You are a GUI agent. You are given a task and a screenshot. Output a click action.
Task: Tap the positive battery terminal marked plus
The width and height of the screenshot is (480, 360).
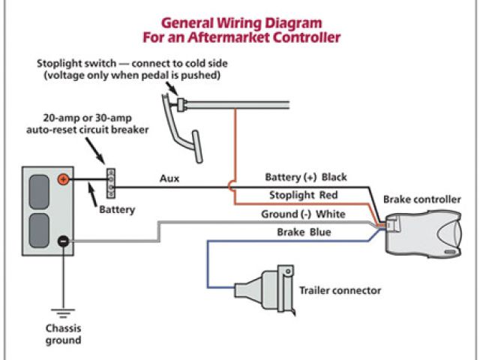(x=64, y=179)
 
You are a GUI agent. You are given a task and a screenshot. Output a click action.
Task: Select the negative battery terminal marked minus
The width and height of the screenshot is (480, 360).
(x=64, y=241)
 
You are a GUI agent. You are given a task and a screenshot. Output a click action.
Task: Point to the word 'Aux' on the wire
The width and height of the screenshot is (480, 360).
(x=169, y=179)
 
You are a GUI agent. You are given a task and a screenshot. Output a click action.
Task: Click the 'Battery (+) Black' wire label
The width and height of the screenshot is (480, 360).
(x=306, y=178)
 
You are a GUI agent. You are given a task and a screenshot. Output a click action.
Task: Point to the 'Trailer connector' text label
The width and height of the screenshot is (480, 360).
(x=340, y=290)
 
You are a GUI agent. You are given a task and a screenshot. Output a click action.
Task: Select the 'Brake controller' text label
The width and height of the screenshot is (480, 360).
(x=421, y=199)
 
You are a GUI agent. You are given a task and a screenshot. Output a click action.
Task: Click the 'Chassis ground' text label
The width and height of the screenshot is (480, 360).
(x=62, y=334)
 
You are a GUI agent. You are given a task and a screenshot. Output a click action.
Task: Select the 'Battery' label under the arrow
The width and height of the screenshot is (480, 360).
(x=117, y=210)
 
